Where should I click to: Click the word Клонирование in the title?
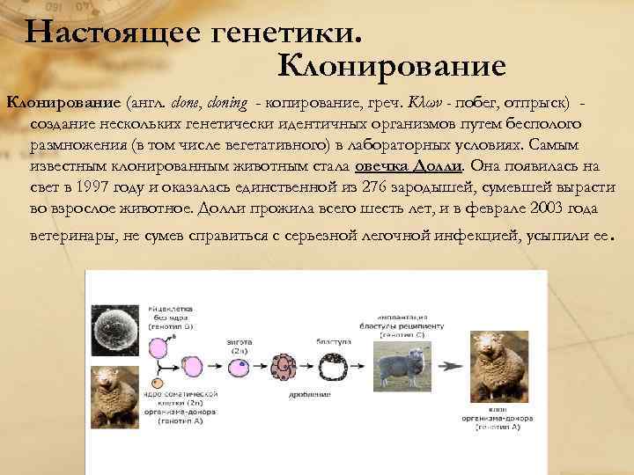pos(391,65)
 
